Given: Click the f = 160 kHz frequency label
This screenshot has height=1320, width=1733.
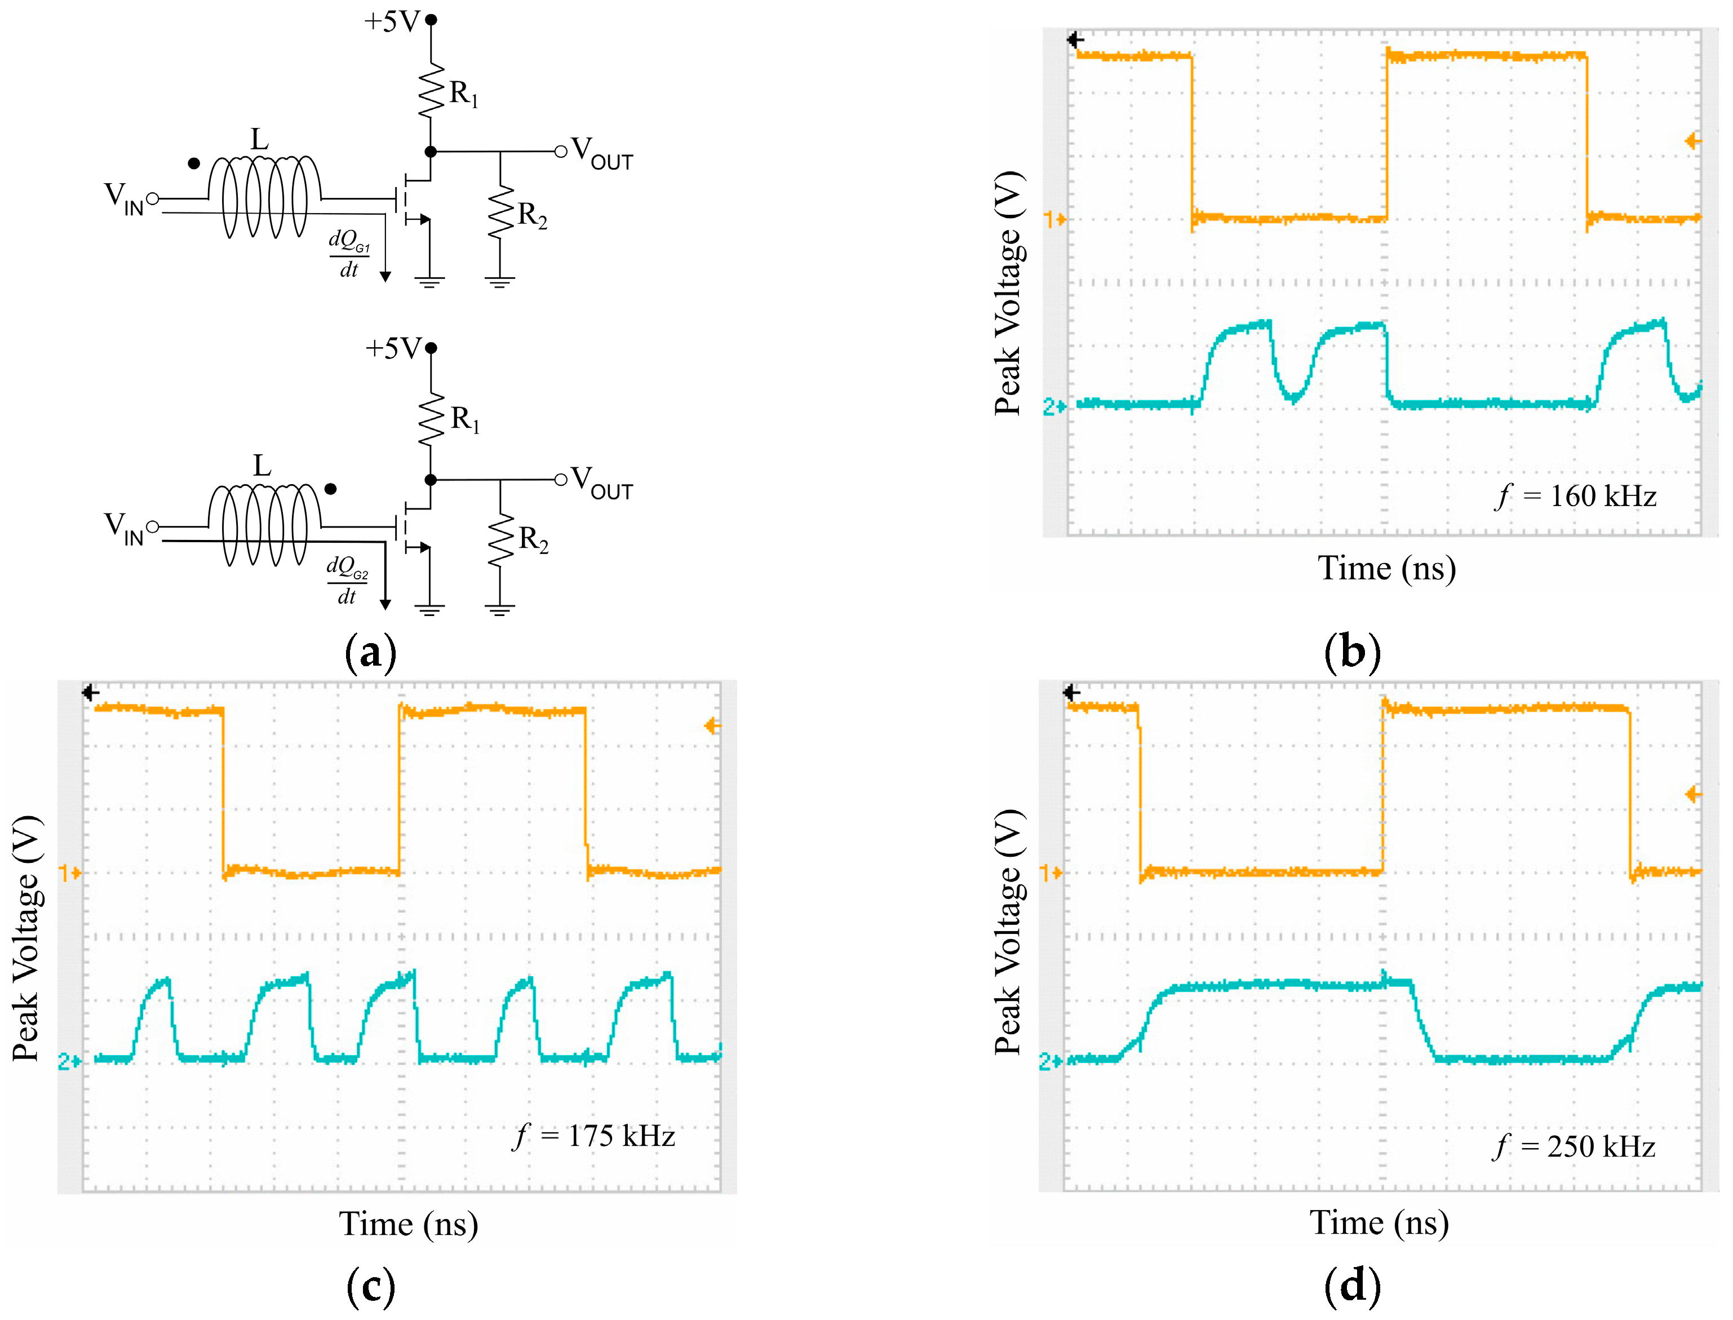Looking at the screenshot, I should pyautogui.click(x=1575, y=497).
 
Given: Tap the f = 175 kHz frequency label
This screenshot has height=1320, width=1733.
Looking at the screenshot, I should pyautogui.click(x=595, y=1136).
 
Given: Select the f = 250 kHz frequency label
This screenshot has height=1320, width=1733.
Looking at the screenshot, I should pyautogui.click(x=1574, y=1147).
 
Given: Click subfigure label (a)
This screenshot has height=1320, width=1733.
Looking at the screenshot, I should pyautogui.click(x=371, y=653).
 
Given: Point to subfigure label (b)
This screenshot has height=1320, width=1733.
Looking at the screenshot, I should pyautogui.click(x=1352, y=653).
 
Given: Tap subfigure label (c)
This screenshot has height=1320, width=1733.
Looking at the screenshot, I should pyautogui.click(x=371, y=1286).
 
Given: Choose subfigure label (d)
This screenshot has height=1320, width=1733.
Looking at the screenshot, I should pyautogui.click(x=1352, y=1286).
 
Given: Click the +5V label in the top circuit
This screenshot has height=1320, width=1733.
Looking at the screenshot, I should pyautogui.click(x=392, y=21).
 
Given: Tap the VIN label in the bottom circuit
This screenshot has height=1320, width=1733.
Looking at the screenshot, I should pyautogui.click(x=123, y=529).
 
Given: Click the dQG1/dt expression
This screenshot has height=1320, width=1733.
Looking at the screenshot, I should pyautogui.click(x=349, y=254).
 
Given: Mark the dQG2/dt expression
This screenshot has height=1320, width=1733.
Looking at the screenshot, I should pyautogui.click(x=347, y=581).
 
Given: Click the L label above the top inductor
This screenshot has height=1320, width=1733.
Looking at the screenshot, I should pyautogui.click(x=259, y=140).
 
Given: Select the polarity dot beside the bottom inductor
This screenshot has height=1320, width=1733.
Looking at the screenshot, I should pyautogui.click(x=331, y=489).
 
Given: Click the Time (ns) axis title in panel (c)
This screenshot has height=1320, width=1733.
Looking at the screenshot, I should pyautogui.click(x=409, y=1224).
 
